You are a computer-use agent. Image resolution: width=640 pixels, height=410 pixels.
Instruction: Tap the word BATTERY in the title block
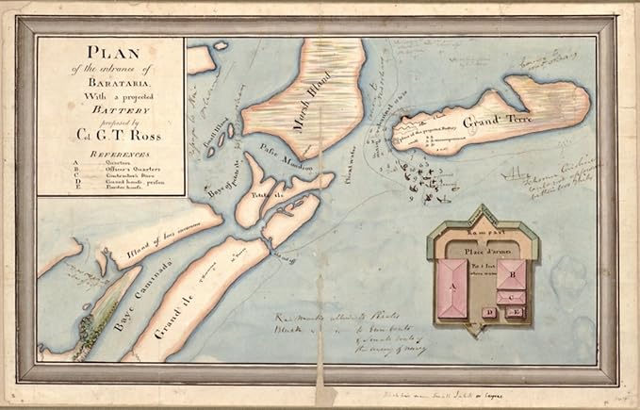[110, 111]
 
